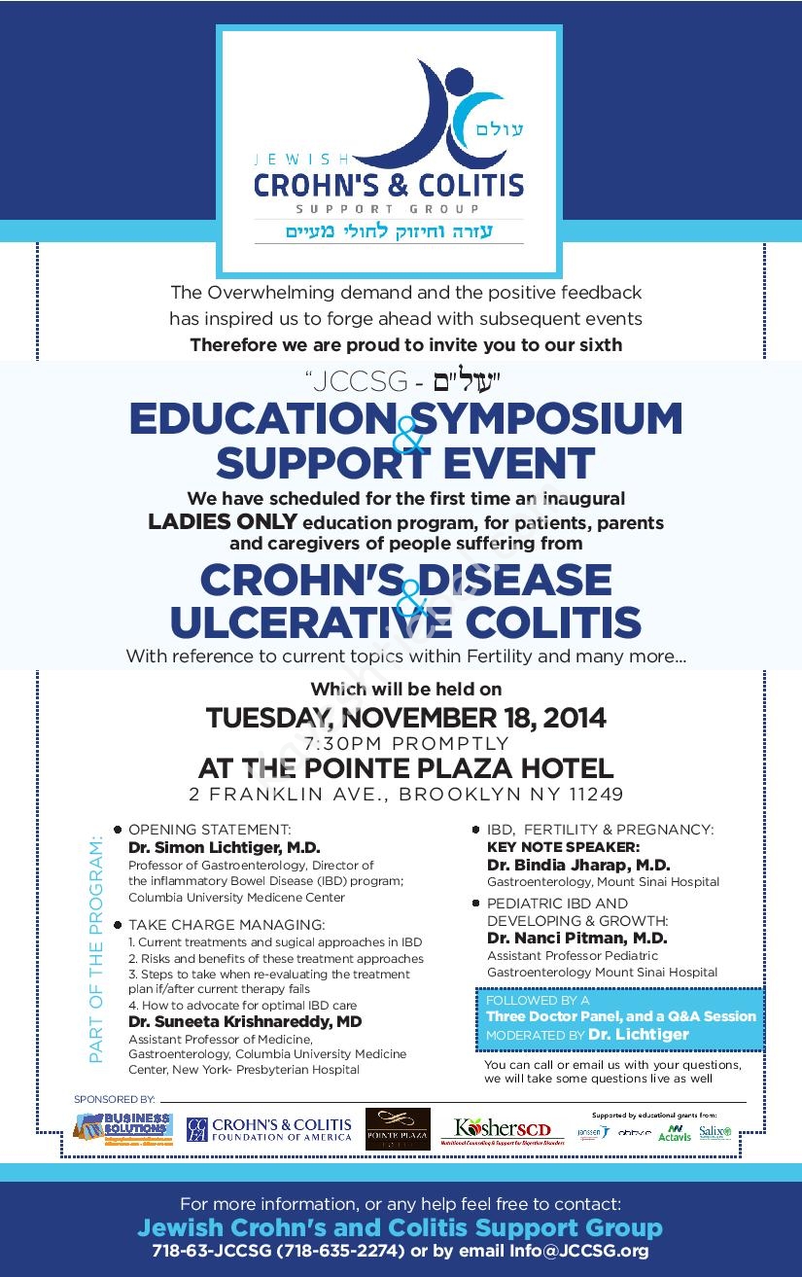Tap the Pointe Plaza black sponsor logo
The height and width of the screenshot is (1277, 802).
point(398,1129)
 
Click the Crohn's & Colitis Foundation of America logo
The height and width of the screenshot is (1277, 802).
point(269,1129)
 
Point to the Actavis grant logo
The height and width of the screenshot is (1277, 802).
point(674,1133)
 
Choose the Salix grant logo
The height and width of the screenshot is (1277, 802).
point(715,1132)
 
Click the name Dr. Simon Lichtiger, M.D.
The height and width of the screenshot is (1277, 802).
point(224,848)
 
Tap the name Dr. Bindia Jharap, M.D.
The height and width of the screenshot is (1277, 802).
point(577,865)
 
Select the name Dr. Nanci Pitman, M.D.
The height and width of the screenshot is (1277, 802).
point(576,939)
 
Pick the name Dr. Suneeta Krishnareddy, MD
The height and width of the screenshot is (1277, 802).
point(245,1022)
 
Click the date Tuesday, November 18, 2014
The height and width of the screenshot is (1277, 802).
point(405,719)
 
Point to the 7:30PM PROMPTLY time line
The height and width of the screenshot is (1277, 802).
point(405,743)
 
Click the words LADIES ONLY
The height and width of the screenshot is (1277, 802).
point(222,522)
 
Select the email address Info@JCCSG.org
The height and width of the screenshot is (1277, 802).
point(579,1251)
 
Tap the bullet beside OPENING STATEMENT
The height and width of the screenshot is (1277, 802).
point(118,830)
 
